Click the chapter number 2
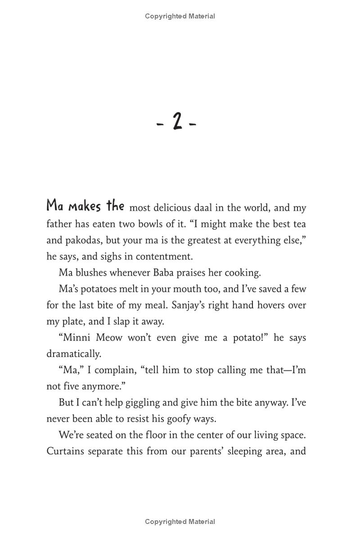pos(177,122)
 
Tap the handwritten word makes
pos(84,206)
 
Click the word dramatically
pos(74,354)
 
